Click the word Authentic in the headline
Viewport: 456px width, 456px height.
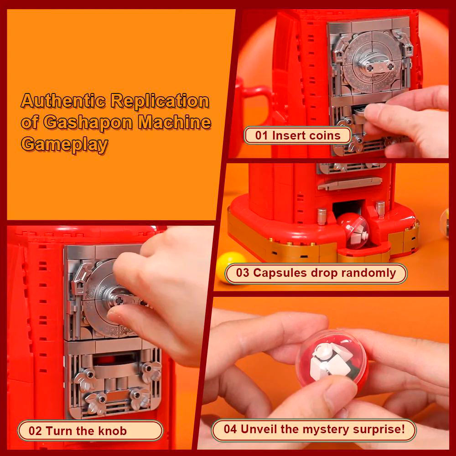point(63,101)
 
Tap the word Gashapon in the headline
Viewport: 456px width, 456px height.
point(87,122)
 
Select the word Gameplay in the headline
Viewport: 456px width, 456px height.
point(64,144)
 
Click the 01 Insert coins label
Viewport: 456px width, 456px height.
point(297,135)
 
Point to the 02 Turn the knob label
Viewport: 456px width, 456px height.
point(90,431)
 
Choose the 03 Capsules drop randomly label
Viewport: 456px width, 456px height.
point(316,273)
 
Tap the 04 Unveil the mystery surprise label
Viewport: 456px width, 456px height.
point(314,430)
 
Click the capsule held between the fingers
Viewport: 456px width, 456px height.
point(332,361)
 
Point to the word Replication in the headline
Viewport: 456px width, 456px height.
point(160,101)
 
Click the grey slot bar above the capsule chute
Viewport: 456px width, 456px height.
point(350,183)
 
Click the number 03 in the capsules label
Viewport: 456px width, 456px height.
point(243,273)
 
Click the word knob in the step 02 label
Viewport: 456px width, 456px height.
point(113,431)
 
